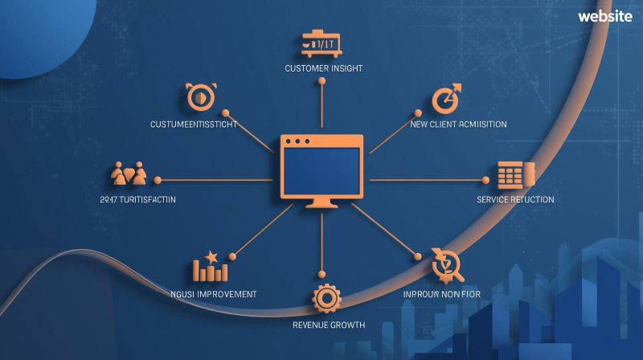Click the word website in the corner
point(604,17)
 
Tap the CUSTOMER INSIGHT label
point(323,68)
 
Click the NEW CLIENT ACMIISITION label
point(458,125)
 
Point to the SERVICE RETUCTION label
point(515,199)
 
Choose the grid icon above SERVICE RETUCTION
point(510,174)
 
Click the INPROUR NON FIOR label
point(441,294)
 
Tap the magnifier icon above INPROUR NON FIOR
point(441,262)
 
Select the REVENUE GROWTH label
point(327,325)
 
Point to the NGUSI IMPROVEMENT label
point(215,294)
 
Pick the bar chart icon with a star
point(211,266)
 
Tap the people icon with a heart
point(129,174)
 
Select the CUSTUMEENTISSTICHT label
point(194,125)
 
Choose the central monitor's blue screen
point(321,175)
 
